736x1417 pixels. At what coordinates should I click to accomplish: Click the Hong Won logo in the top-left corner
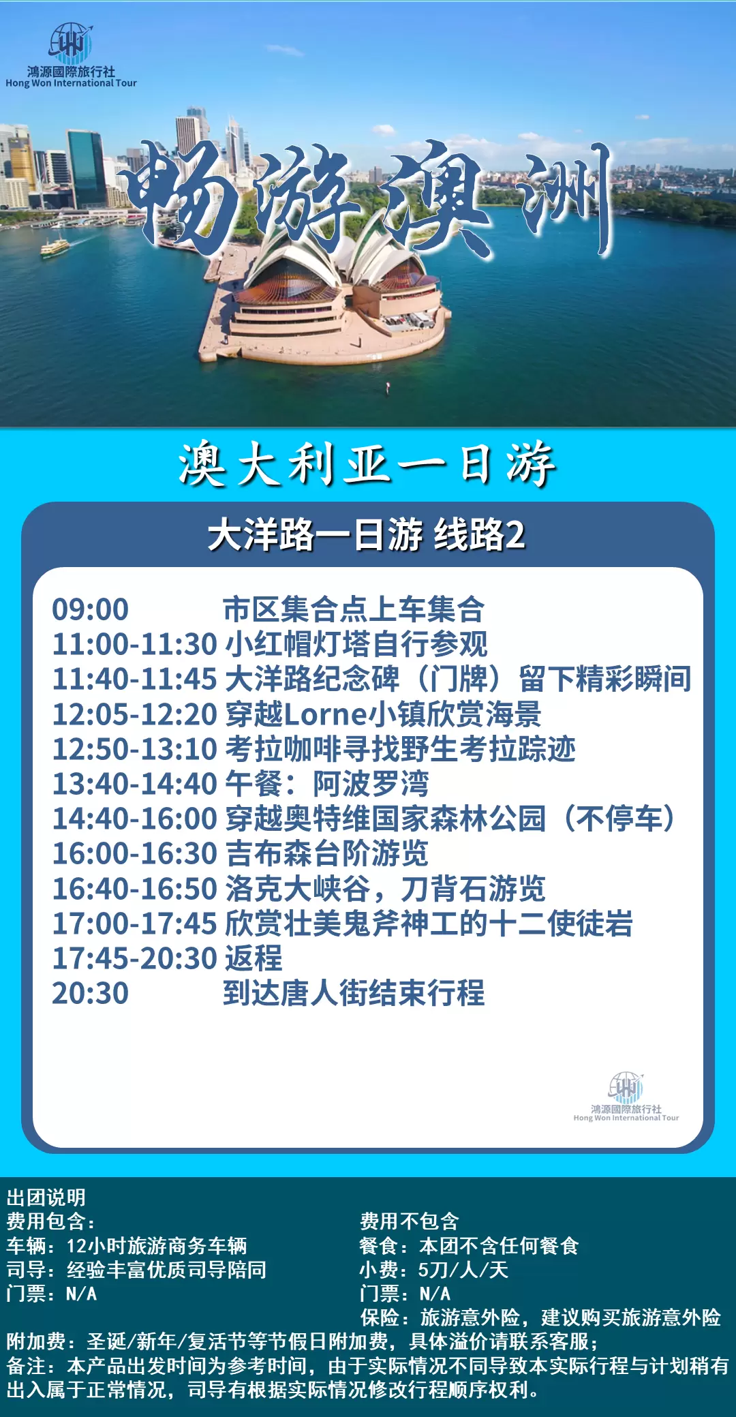(x=71, y=55)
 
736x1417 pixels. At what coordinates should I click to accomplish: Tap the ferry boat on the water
(x=55, y=247)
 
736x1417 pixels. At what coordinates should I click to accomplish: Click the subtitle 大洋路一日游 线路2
(x=367, y=534)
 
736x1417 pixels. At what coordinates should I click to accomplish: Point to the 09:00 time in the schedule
(x=91, y=609)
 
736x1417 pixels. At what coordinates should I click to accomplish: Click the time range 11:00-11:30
(x=135, y=644)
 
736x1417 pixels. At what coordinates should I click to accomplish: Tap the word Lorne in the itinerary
(x=326, y=714)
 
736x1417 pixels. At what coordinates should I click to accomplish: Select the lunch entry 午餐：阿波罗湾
(x=327, y=784)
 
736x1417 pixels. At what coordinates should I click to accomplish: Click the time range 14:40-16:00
(x=135, y=819)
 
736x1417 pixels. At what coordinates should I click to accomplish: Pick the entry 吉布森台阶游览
(x=327, y=853)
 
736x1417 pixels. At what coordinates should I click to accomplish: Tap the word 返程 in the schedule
(x=254, y=958)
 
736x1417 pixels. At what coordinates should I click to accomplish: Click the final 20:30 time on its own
(x=91, y=993)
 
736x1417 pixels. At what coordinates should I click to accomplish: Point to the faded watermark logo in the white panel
(x=626, y=1097)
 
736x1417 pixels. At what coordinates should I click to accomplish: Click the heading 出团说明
(x=46, y=1198)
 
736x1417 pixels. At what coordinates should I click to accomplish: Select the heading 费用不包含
(x=410, y=1221)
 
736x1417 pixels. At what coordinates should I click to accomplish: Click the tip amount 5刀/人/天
(x=463, y=1270)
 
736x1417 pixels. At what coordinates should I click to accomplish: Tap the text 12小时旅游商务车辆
(x=157, y=1246)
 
